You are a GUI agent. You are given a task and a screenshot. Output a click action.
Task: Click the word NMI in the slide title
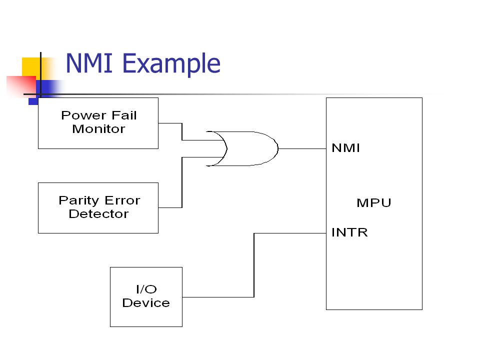pyautogui.click(x=89, y=63)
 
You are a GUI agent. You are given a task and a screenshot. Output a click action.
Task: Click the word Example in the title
pyautogui.click(x=171, y=64)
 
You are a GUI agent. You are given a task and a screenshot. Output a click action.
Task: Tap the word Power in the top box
pyautogui.click(x=83, y=115)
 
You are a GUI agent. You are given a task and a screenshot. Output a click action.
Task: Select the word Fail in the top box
pyautogui.click(x=124, y=115)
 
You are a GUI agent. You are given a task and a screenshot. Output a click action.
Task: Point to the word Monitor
pyautogui.click(x=98, y=129)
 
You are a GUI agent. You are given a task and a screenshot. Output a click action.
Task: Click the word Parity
pyautogui.click(x=78, y=201)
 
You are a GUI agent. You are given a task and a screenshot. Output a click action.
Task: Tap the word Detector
pyautogui.click(x=98, y=214)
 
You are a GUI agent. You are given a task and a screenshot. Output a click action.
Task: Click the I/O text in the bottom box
pyautogui.click(x=146, y=289)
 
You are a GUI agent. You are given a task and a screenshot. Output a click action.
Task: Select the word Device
pyautogui.click(x=146, y=303)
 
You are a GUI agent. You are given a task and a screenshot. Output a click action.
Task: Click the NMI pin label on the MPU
pyautogui.click(x=345, y=148)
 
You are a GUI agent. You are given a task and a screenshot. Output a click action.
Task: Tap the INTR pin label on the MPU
pyautogui.click(x=349, y=232)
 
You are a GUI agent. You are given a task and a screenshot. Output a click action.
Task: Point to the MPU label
pyautogui.click(x=374, y=202)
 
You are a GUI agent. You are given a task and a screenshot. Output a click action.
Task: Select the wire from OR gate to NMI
pyautogui.click(x=302, y=149)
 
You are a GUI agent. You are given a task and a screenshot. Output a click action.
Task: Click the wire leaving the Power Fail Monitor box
pyautogui.click(x=182, y=131)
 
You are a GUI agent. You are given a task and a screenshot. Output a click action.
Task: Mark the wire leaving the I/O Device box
pyautogui.click(x=254, y=265)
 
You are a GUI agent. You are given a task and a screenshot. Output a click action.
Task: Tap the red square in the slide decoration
pyautogui.click(x=21, y=85)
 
